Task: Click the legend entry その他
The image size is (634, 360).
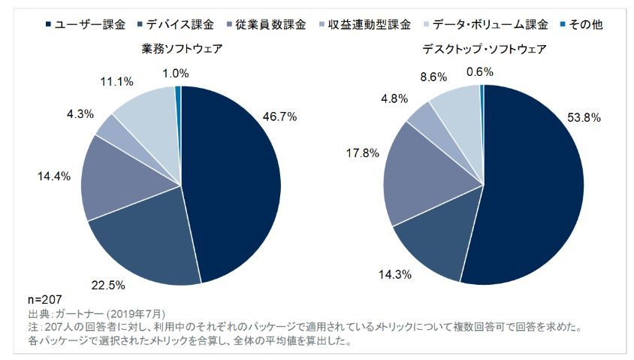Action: pos(588,24)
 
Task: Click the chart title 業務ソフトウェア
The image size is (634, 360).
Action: pos(182,49)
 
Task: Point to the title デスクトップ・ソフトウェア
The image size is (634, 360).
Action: pos(484,49)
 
